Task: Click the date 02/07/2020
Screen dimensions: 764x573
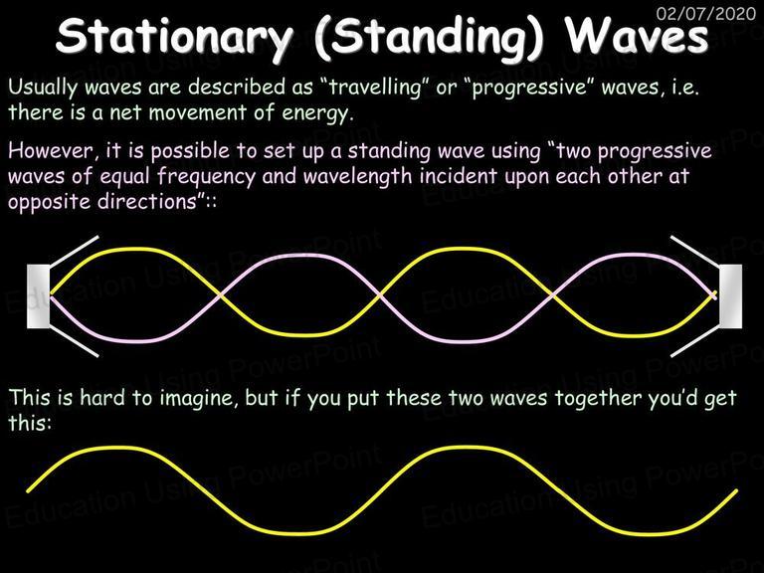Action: click(x=706, y=13)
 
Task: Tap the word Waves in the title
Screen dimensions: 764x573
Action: click(x=636, y=35)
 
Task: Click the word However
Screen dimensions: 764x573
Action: click(x=51, y=151)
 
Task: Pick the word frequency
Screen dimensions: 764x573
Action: click(x=206, y=177)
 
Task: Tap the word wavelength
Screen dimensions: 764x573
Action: click(x=358, y=177)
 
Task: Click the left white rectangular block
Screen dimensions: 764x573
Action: click(x=39, y=296)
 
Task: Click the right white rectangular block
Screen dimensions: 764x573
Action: click(x=731, y=296)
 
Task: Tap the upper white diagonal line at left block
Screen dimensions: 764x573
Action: click(x=74, y=252)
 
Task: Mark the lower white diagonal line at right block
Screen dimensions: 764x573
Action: click(x=695, y=340)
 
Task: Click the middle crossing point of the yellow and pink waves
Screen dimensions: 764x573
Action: click(x=380, y=294)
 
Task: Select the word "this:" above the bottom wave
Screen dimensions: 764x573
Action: click(x=30, y=423)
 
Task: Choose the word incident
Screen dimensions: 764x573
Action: click(x=458, y=175)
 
